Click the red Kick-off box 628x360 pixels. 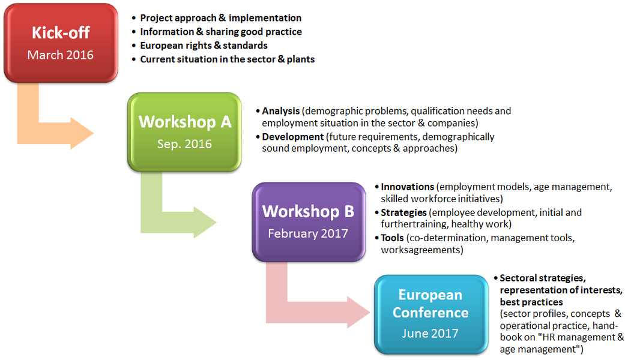click(x=61, y=43)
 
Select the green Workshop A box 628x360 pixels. click(x=184, y=132)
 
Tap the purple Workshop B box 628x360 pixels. click(x=309, y=222)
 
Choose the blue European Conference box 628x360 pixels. click(x=431, y=314)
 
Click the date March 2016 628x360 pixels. click(x=61, y=55)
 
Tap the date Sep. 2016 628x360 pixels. click(x=184, y=144)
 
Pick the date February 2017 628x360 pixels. click(x=308, y=233)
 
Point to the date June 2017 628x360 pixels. click(x=430, y=333)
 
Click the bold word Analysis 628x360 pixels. click(x=281, y=111)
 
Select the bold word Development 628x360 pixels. click(x=293, y=137)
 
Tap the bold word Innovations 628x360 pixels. click(x=407, y=187)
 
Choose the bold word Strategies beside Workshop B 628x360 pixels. click(x=403, y=212)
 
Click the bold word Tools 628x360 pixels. click(x=393, y=238)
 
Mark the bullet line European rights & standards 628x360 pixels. click(x=204, y=46)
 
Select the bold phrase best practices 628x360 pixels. click(x=531, y=302)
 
